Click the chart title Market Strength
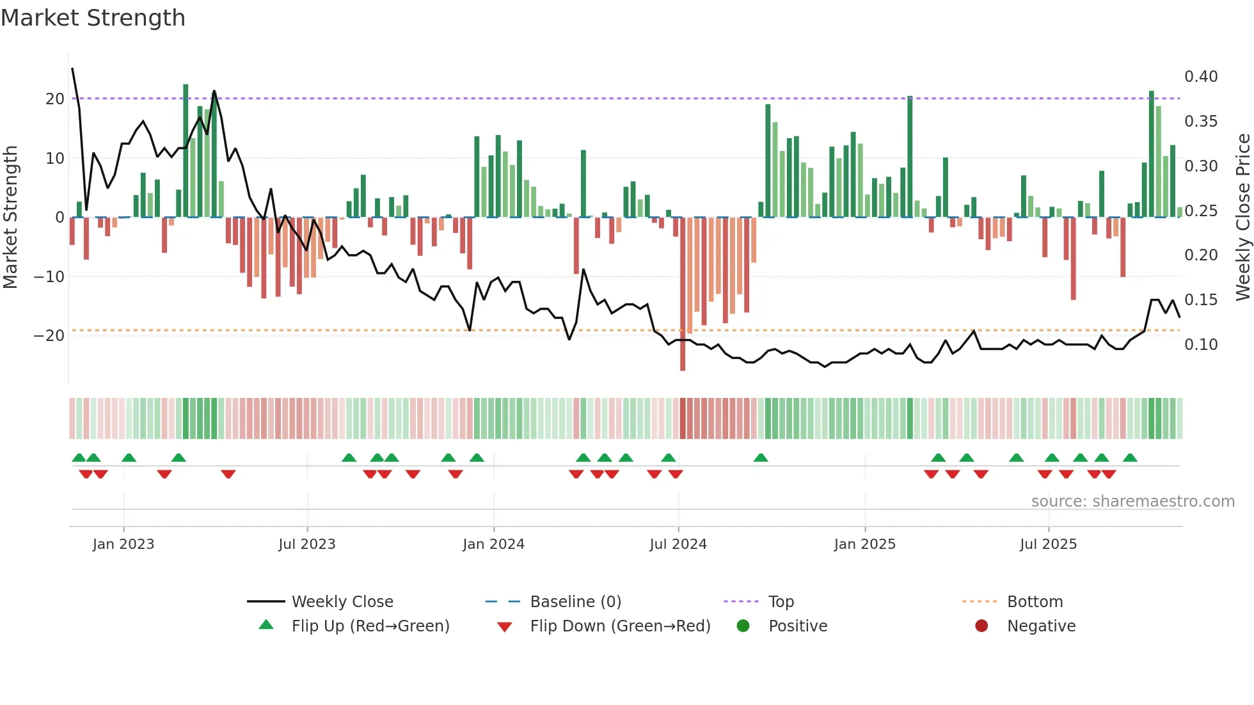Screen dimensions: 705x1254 (x=93, y=18)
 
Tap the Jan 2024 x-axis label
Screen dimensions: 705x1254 (x=493, y=544)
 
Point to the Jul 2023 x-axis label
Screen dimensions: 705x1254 (x=306, y=544)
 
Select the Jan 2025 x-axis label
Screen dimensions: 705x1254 (x=864, y=544)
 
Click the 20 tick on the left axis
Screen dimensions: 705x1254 (x=55, y=99)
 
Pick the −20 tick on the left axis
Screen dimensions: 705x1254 (x=50, y=336)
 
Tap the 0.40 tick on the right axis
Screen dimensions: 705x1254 (x=1201, y=77)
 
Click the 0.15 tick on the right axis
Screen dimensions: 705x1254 (x=1201, y=300)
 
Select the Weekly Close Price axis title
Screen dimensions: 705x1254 (x=1242, y=218)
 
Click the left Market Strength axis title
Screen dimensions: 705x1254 (x=11, y=218)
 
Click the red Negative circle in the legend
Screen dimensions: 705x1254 (x=981, y=626)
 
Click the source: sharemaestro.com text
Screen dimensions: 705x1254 (x=1132, y=502)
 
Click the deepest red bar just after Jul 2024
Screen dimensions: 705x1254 (x=683, y=294)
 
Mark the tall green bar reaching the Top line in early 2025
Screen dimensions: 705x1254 (x=910, y=157)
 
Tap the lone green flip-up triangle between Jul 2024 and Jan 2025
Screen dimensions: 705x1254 (x=761, y=458)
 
